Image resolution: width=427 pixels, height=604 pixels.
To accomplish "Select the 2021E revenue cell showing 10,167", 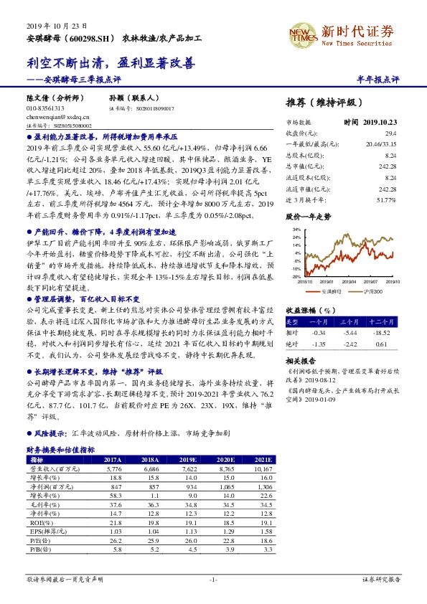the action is click(260, 468).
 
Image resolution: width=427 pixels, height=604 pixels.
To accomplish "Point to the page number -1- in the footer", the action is click(213, 578).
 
